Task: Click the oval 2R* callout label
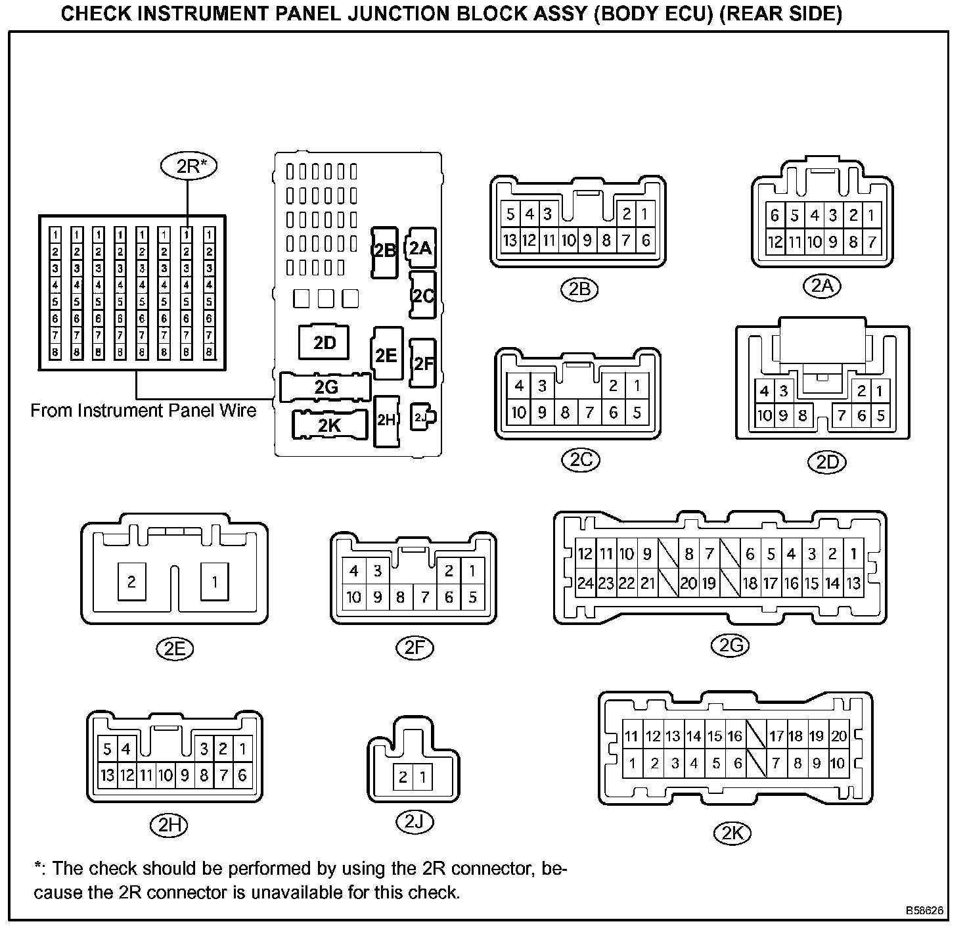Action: pyautogui.click(x=188, y=166)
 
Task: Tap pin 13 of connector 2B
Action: pyautogui.click(x=510, y=241)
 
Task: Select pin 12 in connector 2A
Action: pyautogui.click(x=775, y=242)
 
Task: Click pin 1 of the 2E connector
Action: pyautogui.click(x=214, y=582)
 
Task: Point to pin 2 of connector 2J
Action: pyautogui.click(x=403, y=777)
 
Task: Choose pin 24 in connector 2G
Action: pyautogui.click(x=585, y=583)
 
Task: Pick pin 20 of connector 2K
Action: pyautogui.click(x=838, y=736)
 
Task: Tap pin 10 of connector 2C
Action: pyautogui.click(x=519, y=413)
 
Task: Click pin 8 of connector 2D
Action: pyautogui.click(x=803, y=415)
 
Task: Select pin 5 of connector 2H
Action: pyautogui.click(x=106, y=749)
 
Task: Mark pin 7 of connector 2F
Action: pyautogui.click(x=425, y=597)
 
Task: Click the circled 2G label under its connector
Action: pyautogui.click(x=730, y=646)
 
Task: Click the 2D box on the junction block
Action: pyautogui.click(x=325, y=342)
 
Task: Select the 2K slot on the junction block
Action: pyautogui.click(x=329, y=425)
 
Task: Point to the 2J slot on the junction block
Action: pyautogui.click(x=422, y=417)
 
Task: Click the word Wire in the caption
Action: pyautogui.click(x=236, y=411)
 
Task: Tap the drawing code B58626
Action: pyautogui.click(x=925, y=911)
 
